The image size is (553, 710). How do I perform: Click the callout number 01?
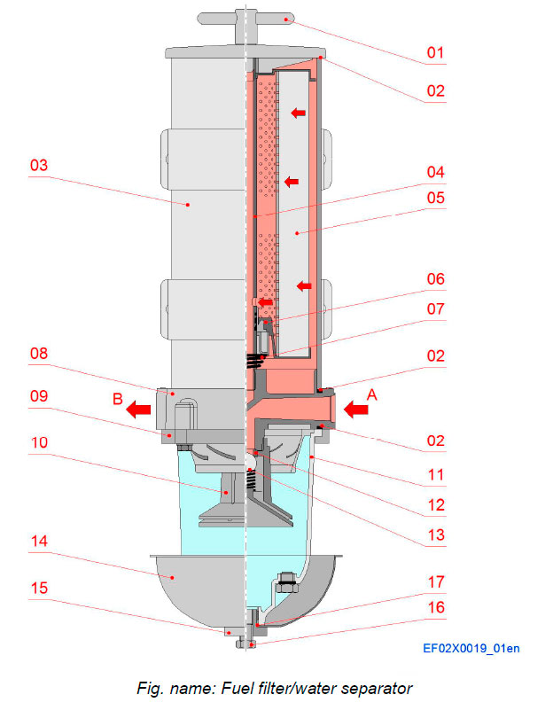(x=434, y=52)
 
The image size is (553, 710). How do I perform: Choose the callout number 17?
(x=434, y=582)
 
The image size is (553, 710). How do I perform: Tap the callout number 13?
(x=434, y=534)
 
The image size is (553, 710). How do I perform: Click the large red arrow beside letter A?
(x=357, y=409)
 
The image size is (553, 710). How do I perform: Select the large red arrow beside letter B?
(x=137, y=409)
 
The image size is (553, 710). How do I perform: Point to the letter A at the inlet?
(x=372, y=396)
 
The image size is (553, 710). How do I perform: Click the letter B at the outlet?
(x=117, y=398)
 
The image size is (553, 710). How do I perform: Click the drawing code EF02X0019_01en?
(x=471, y=648)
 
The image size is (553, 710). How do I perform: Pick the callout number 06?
(x=434, y=278)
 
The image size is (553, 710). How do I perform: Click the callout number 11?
(x=434, y=475)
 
